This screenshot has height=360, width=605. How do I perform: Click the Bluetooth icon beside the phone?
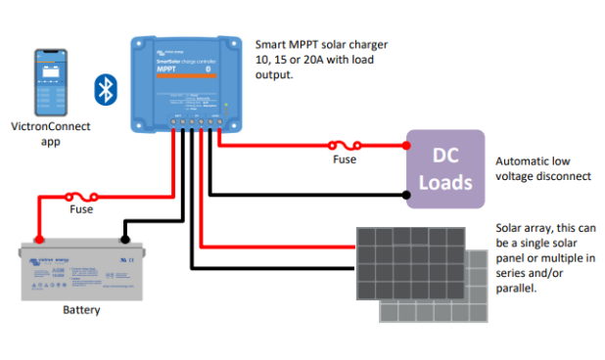click(x=105, y=88)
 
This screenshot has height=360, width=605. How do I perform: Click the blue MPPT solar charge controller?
click(x=187, y=83)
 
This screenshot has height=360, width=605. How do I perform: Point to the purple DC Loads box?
click(x=445, y=168)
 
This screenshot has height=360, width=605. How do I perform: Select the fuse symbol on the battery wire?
click(x=80, y=196)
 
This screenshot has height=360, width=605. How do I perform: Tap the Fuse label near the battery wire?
click(x=82, y=209)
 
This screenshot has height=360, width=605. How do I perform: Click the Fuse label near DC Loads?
click(x=345, y=158)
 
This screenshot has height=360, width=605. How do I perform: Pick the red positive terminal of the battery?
click(x=39, y=239)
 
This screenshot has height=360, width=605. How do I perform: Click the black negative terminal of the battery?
click(x=124, y=238)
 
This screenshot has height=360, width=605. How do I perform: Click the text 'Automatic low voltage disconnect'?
click(x=543, y=168)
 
